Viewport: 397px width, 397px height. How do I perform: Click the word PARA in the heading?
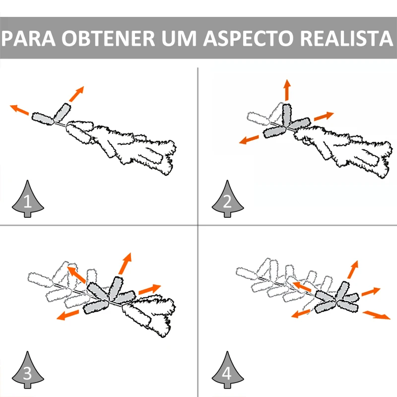(28, 38)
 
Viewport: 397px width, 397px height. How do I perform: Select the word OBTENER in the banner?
(108, 38)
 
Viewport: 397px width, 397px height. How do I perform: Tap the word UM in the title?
(179, 38)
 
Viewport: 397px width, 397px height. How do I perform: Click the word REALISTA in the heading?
(346, 38)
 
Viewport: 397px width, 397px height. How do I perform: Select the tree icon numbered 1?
(28, 199)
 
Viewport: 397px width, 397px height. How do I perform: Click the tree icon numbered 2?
(227, 199)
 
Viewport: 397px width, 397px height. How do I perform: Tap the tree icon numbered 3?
(28, 370)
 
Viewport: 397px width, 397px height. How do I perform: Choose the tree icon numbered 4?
(227, 370)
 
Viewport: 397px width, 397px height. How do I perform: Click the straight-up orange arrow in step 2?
(287, 90)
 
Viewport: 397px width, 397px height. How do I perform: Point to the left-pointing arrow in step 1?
(19, 110)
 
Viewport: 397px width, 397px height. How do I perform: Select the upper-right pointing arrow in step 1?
(76, 94)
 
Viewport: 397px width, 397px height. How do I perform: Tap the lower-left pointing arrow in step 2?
(249, 139)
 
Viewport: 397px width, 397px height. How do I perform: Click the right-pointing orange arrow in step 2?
(324, 116)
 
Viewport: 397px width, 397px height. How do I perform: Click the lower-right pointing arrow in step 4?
(377, 315)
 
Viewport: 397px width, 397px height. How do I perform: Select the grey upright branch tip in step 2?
(287, 115)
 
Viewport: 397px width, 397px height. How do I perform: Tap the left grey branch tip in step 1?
(43, 119)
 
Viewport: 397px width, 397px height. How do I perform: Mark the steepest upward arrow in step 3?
(125, 264)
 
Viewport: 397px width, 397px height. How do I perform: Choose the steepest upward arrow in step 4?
(353, 269)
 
